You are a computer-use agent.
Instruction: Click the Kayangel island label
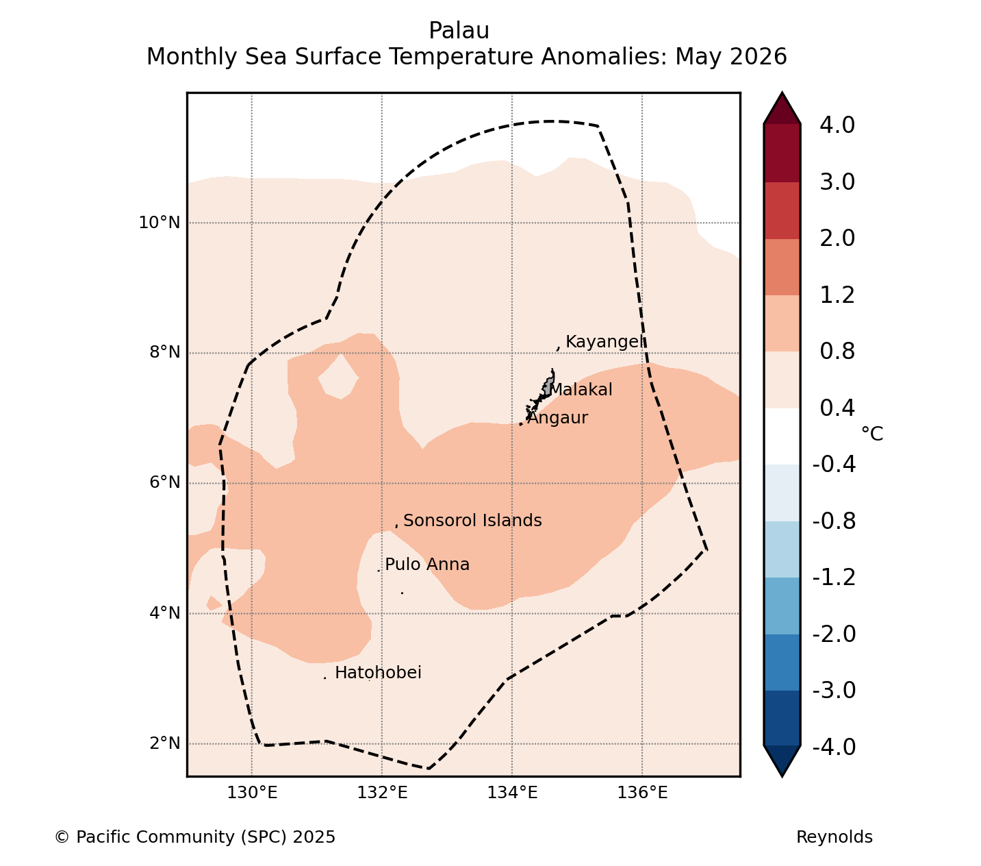[x=605, y=342]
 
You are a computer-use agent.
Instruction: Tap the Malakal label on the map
[x=581, y=390]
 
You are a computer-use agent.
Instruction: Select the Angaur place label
[x=557, y=418]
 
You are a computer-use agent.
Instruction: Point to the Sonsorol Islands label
[x=472, y=521]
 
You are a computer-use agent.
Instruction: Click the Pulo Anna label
[x=427, y=565]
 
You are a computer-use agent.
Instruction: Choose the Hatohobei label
[x=378, y=673]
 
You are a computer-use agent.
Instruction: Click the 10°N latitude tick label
[x=160, y=223]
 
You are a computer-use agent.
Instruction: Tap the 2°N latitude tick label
[x=164, y=743]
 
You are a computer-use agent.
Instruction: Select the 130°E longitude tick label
[x=253, y=792]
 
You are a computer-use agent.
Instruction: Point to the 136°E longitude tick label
[x=642, y=792]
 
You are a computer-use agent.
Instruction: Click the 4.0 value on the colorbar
[x=837, y=125]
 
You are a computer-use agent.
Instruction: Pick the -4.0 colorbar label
[x=834, y=747]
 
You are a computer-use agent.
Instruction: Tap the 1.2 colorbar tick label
[x=837, y=295]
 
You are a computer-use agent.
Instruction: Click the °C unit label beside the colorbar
[x=872, y=434]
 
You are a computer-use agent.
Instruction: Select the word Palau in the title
[x=459, y=31]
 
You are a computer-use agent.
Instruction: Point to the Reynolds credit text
[x=835, y=837]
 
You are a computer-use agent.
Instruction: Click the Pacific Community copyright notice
[x=194, y=837]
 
